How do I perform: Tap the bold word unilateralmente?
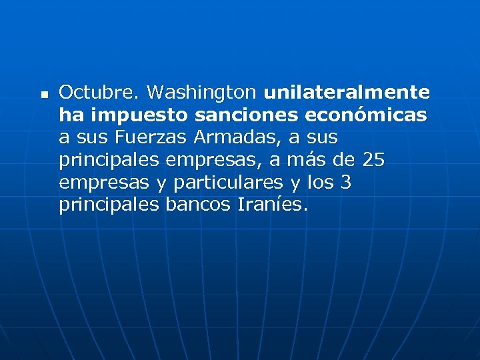(x=347, y=92)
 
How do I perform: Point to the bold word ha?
(x=71, y=115)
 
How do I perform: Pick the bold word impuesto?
(x=140, y=116)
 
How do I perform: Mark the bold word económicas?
(x=366, y=115)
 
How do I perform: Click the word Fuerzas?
(x=152, y=138)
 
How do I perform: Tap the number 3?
(x=346, y=183)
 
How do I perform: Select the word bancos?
(x=198, y=205)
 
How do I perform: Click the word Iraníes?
(x=272, y=205)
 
